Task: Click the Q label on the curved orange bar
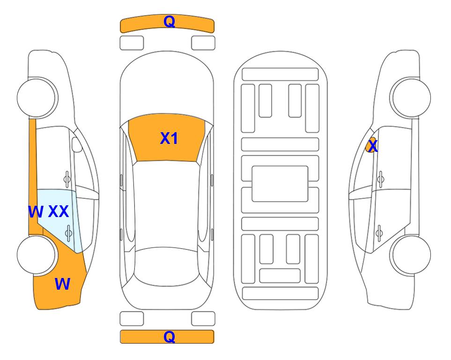pyautogui.click(x=169, y=22)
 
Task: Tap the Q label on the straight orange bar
pyautogui.click(x=169, y=337)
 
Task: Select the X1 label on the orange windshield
pyautogui.click(x=169, y=138)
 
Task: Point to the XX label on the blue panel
pyautogui.click(x=59, y=212)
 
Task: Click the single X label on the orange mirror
pyautogui.click(x=372, y=146)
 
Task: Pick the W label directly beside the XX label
pyautogui.click(x=36, y=212)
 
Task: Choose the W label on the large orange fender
pyautogui.click(x=62, y=284)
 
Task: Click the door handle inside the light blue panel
pyautogui.click(x=68, y=232)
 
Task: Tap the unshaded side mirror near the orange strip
pyautogui.click(x=77, y=145)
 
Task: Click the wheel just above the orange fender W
pyautogui.click(x=37, y=255)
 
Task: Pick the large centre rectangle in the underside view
pyautogui.click(x=280, y=183)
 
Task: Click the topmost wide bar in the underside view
pyautogui.click(x=280, y=74)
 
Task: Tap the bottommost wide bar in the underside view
pyautogui.click(x=280, y=293)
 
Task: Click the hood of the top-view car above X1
pyautogui.click(x=167, y=89)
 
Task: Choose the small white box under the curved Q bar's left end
pyautogui.click(x=132, y=43)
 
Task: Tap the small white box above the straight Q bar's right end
pyautogui.click(x=203, y=318)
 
